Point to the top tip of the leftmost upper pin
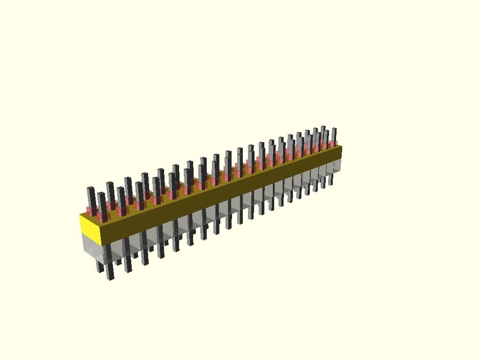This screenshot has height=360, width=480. (90, 188)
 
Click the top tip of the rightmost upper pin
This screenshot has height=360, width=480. (334, 129)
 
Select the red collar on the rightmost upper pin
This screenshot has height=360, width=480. (333, 143)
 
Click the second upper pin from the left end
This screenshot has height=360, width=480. (102, 202)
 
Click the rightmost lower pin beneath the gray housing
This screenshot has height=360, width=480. (330, 180)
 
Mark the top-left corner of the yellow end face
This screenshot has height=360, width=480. (80, 214)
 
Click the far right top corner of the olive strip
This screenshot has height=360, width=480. (342, 146)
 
